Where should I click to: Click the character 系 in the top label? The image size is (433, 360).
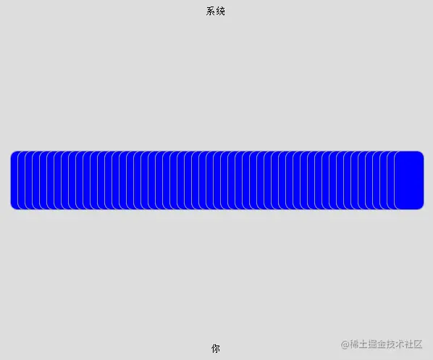[211, 11]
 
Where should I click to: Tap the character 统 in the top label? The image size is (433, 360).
[220, 11]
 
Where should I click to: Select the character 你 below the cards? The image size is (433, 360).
[216, 348]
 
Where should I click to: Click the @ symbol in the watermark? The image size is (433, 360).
[345, 345]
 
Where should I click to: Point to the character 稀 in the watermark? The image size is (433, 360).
[354, 344]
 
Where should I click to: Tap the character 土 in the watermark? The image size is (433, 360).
[363, 344]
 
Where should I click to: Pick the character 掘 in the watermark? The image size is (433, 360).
[372, 344]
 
